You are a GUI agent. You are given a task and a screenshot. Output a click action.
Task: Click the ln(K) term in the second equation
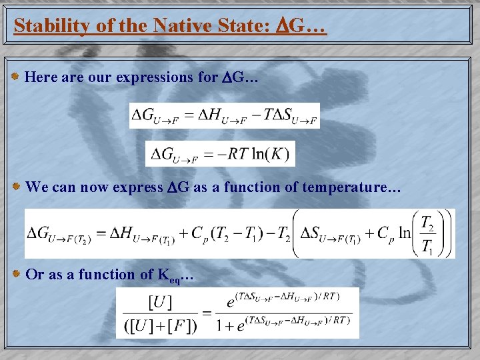[x=269, y=155]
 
